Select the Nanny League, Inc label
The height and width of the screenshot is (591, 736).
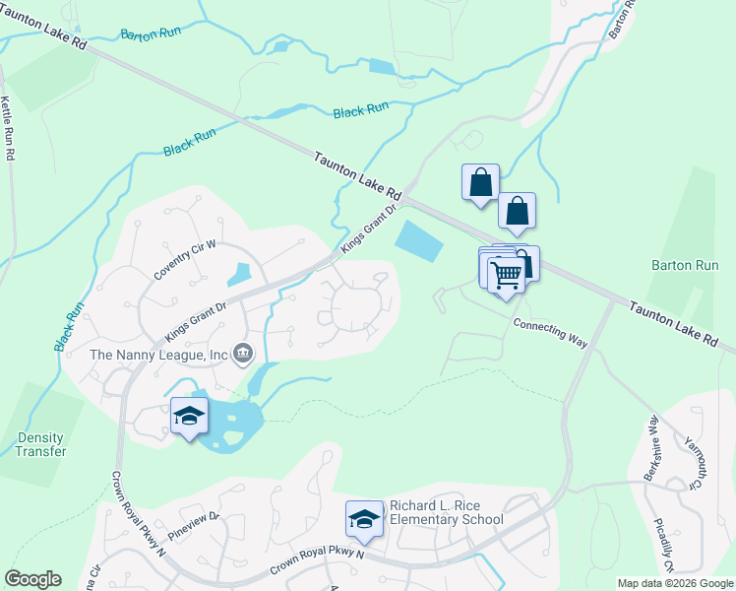(x=158, y=354)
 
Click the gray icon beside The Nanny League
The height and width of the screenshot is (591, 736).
(x=244, y=353)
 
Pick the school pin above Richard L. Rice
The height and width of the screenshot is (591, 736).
(x=364, y=520)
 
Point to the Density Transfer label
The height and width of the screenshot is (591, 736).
(x=40, y=444)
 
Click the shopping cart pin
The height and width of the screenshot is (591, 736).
(x=506, y=275)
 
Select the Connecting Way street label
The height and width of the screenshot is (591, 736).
(x=550, y=332)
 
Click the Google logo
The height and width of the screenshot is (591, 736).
(x=32, y=579)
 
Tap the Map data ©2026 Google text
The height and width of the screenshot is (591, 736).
(x=674, y=583)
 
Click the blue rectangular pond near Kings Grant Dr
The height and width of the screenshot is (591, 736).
(x=418, y=241)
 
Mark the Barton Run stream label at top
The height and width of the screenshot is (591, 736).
(x=151, y=34)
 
